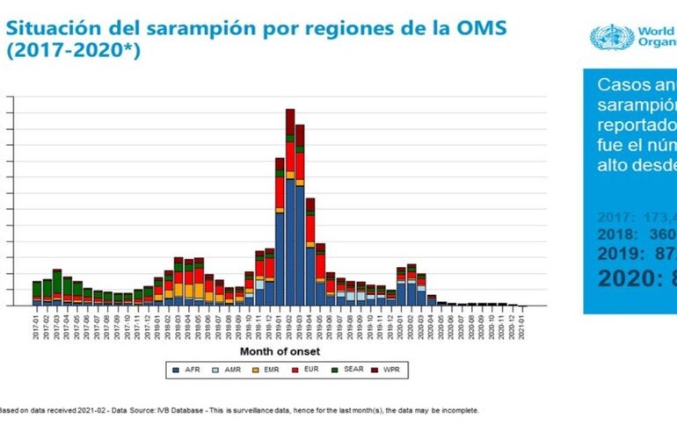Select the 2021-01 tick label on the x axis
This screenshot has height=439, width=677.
click(x=524, y=324)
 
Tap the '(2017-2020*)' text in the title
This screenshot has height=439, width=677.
click(x=72, y=50)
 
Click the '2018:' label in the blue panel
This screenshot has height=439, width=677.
click(x=620, y=234)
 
